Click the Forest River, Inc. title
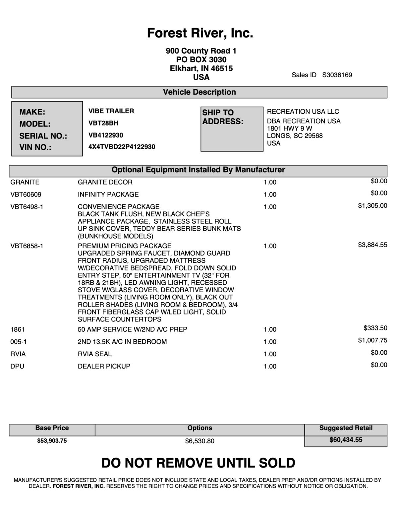(200, 33)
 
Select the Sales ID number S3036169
(337, 75)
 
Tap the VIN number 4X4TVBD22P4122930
(122, 147)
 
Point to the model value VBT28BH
(103, 123)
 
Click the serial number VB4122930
(106, 135)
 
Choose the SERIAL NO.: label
(43, 136)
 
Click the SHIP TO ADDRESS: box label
(223, 117)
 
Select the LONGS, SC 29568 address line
(295, 136)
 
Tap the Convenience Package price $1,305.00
(372, 206)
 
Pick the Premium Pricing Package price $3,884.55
(372, 245)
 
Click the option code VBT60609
(26, 195)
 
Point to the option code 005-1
(19, 342)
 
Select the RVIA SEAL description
(95, 354)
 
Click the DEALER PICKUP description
(104, 366)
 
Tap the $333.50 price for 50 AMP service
(375, 328)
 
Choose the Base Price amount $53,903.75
(52, 441)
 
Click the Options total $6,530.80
(199, 441)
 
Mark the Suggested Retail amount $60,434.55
(346, 440)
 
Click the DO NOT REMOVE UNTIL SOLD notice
(198, 463)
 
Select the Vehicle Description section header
(199, 92)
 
